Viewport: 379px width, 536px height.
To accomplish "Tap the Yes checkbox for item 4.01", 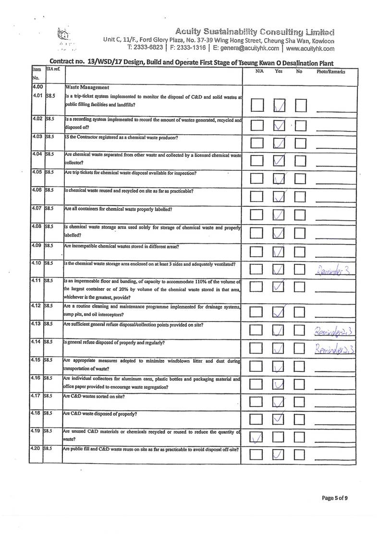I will pyautogui.click(x=279, y=106).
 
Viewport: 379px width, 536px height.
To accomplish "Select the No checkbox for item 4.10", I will pyautogui.click(x=300, y=271).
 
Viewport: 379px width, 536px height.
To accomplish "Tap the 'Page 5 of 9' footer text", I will pyautogui.click(x=335, y=498).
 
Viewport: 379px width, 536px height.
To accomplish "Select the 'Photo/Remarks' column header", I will pyautogui.click(x=331, y=71).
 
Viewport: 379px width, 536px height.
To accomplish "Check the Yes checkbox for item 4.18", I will pyautogui.click(x=279, y=418).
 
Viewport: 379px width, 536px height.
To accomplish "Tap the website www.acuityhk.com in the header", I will pyautogui.click(x=310, y=48).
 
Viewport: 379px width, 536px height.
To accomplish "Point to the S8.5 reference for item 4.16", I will pyautogui.click(x=51, y=378).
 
